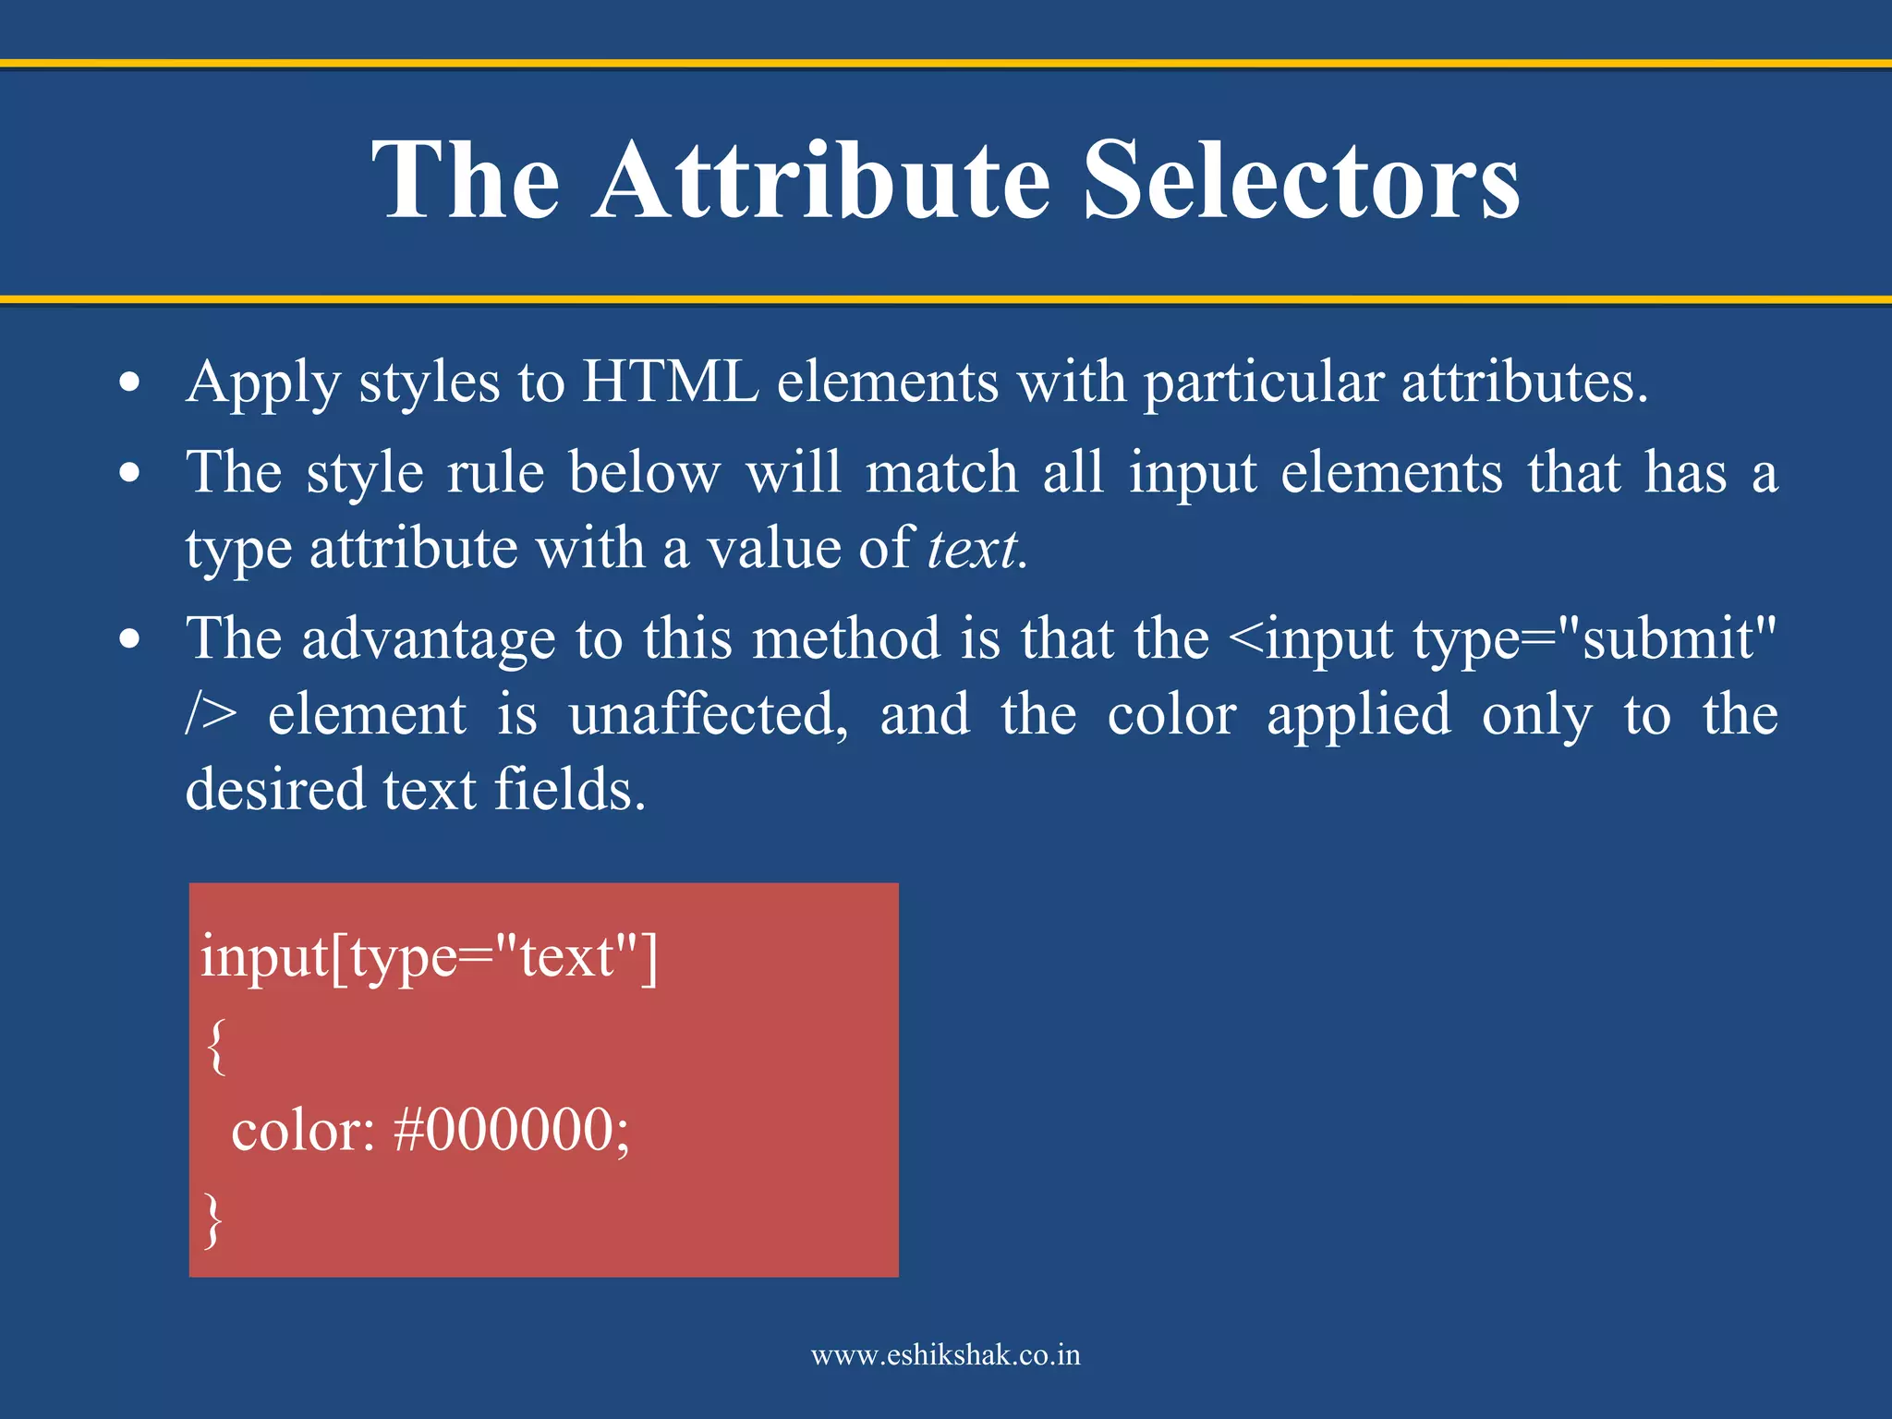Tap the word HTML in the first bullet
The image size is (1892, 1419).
[x=670, y=382]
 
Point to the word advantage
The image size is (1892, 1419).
[x=429, y=639]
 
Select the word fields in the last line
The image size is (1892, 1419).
[x=569, y=790]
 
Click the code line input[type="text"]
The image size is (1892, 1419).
[x=429, y=957]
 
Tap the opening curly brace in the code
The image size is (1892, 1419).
[x=215, y=1045]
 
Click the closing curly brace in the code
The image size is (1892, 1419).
[x=213, y=1219]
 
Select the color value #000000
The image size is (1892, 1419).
[x=511, y=1130]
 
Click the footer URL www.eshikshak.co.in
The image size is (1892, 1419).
[x=945, y=1355]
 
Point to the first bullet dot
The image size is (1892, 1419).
[x=130, y=382]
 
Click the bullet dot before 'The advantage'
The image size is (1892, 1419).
[x=130, y=639]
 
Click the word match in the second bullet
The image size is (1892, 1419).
[x=941, y=473]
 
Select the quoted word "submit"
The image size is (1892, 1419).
[x=1666, y=639]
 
